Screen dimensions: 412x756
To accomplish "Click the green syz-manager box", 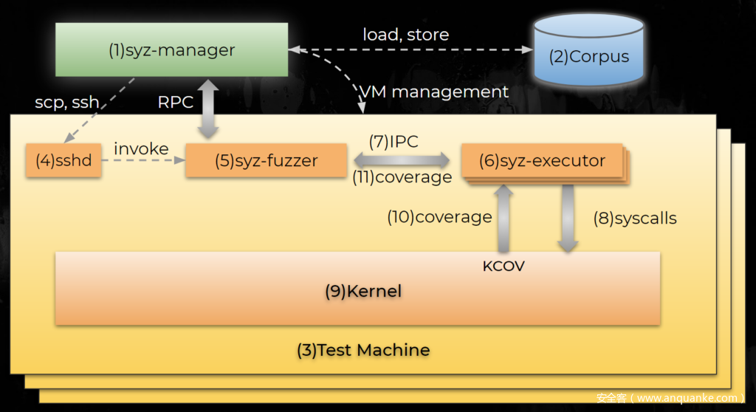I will click(x=171, y=49).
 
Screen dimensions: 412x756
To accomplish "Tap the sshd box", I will click(x=63, y=160).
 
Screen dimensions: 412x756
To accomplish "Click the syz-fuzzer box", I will click(x=267, y=160).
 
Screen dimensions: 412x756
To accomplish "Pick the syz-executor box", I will click(x=542, y=160).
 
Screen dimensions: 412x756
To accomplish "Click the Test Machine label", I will click(x=363, y=349).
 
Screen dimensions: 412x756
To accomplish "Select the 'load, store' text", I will click(x=405, y=34).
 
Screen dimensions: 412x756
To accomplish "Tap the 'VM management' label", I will click(x=434, y=92).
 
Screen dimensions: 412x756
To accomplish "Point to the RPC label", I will click(x=176, y=103).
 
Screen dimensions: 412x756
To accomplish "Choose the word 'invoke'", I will click(x=141, y=148).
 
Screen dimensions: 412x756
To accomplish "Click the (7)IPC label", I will click(x=394, y=141).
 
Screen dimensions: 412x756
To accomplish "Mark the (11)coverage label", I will click(x=402, y=177).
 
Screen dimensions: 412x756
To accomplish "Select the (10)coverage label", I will click(x=439, y=217).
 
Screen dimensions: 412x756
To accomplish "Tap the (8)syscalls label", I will click(x=635, y=218).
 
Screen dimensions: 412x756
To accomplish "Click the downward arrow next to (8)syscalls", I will click(x=568, y=218).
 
